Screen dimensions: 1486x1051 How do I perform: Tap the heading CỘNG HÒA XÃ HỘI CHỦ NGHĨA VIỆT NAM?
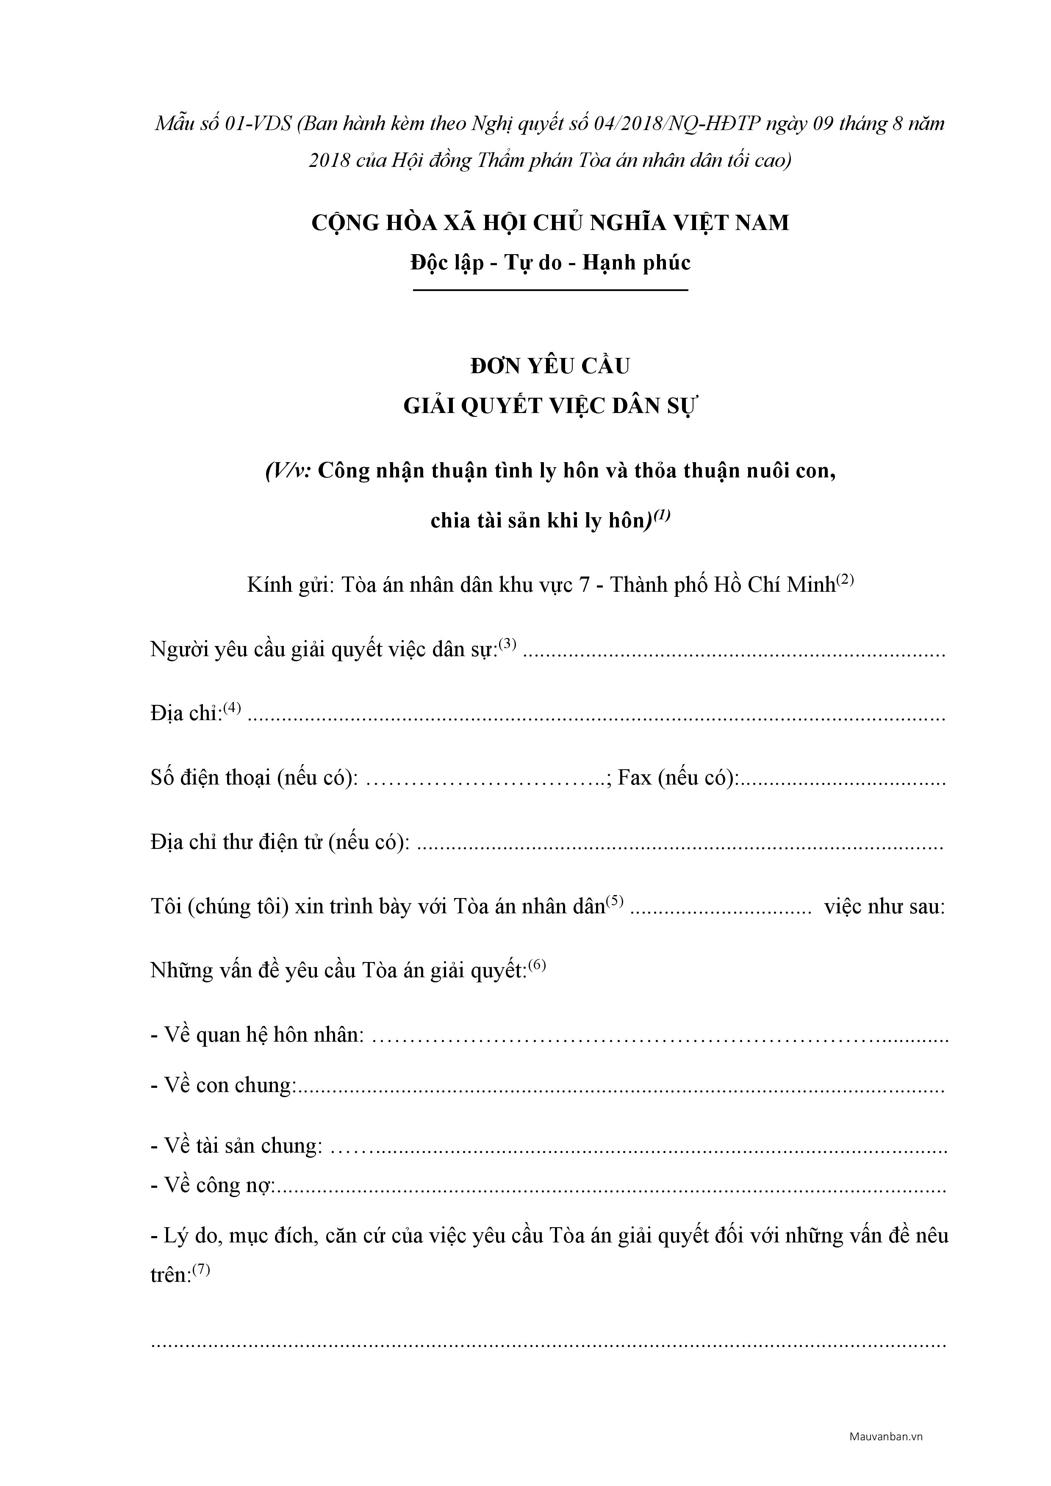pos(550,223)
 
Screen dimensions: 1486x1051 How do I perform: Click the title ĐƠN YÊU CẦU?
pos(550,367)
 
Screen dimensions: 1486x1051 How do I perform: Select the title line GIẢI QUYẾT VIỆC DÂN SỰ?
pos(550,407)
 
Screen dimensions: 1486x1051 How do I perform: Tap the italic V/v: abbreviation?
pos(288,471)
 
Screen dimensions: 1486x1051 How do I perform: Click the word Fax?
pos(635,777)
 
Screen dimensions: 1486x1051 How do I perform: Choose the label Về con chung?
pos(223,1085)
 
